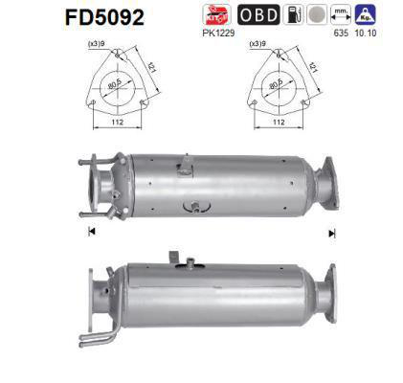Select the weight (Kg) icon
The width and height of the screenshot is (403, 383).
click(x=365, y=14)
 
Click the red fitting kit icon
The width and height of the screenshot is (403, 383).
click(x=217, y=14)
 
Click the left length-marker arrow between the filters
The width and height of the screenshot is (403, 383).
click(x=90, y=232)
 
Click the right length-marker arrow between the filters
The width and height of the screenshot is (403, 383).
click(x=332, y=232)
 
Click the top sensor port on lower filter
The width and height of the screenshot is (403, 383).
click(x=176, y=258)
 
